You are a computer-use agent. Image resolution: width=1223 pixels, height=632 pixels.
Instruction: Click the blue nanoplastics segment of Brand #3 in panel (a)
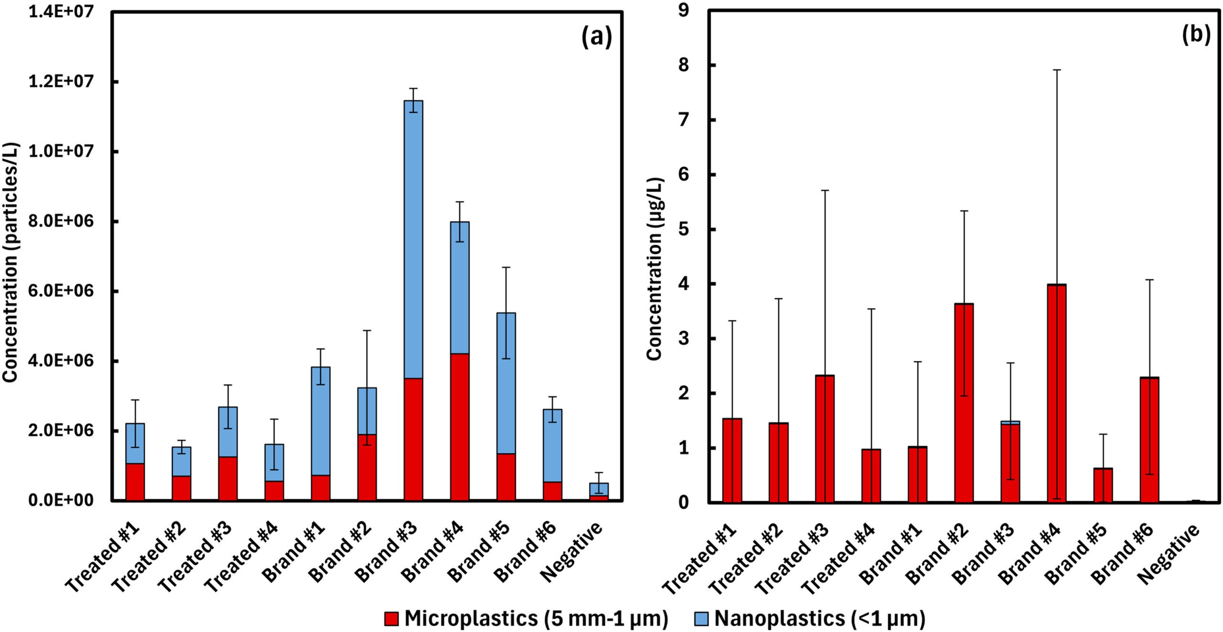coord(413,239)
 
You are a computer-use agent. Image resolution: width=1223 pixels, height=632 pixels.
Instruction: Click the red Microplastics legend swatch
coord(391,619)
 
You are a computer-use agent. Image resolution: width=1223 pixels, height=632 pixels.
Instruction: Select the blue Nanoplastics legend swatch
coord(700,619)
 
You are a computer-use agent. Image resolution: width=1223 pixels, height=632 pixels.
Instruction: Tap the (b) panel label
coord(1196,34)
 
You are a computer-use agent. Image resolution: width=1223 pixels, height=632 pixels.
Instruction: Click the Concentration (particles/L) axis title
coord(11,263)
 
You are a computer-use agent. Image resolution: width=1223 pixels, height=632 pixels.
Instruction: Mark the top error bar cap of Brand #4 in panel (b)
coord(1056,70)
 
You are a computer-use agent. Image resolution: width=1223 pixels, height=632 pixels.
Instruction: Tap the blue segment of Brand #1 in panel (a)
coord(320,420)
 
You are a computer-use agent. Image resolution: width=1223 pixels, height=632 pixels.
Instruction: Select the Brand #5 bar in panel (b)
coord(1103,485)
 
